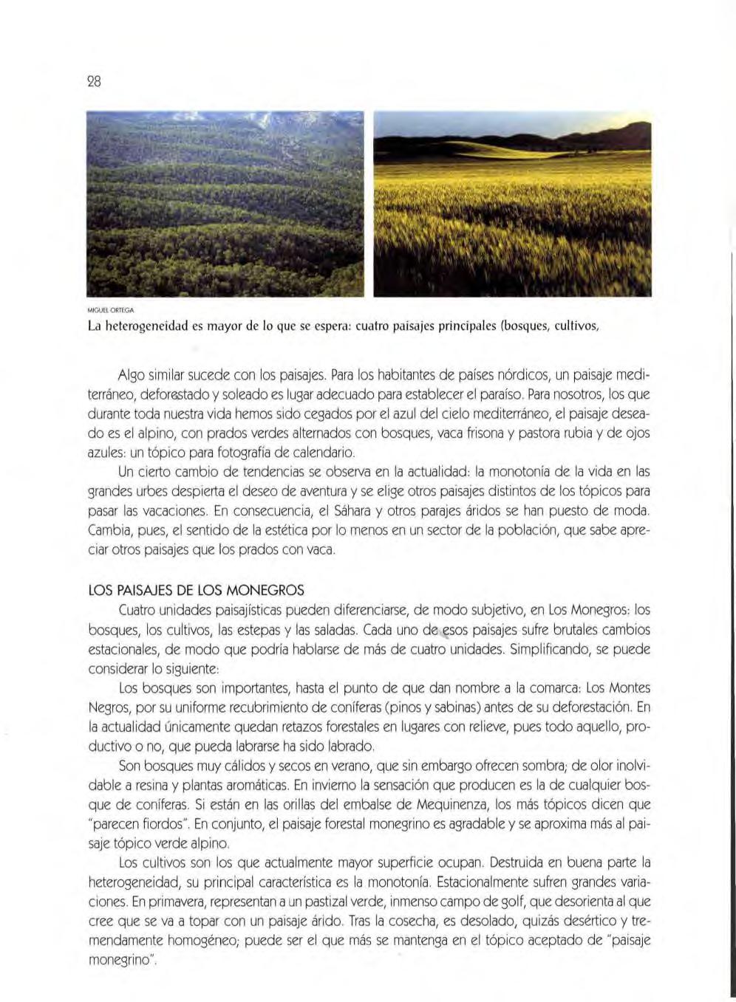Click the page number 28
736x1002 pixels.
tap(94, 80)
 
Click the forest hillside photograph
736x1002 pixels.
tap(225, 205)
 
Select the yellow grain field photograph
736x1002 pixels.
tap(512, 205)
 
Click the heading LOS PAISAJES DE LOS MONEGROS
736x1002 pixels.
tap(196, 591)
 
